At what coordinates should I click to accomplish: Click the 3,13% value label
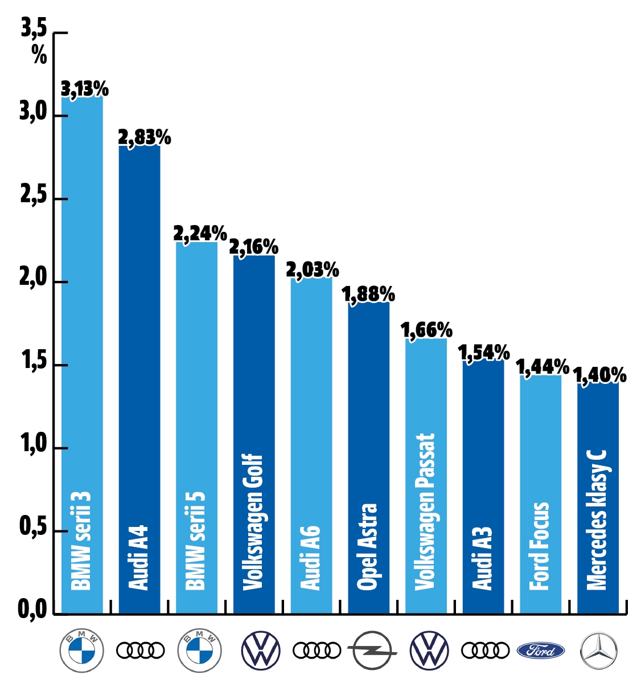tap(84, 89)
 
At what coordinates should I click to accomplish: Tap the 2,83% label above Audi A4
tap(144, 138)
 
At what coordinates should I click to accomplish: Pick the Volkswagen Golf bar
tap(254, 399)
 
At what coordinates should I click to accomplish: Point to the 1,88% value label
tap(368, 295)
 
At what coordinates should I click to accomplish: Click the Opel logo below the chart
tap(372, 650)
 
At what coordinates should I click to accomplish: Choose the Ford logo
tap(541, 650)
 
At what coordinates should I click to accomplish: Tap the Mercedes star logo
tap(598, 650)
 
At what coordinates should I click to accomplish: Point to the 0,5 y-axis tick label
tap(32, 527)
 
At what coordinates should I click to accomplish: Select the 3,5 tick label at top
tap(34, 28)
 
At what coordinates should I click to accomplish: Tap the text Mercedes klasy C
tap(597, 520)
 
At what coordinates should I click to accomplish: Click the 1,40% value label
tap(599, 375)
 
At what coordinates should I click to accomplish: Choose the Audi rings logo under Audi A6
tap(317, 650)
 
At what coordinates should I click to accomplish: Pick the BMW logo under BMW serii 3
tap(82, 650)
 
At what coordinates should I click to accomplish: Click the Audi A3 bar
tap(483, 456)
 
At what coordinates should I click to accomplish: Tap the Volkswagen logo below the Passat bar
tap(429, 650)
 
